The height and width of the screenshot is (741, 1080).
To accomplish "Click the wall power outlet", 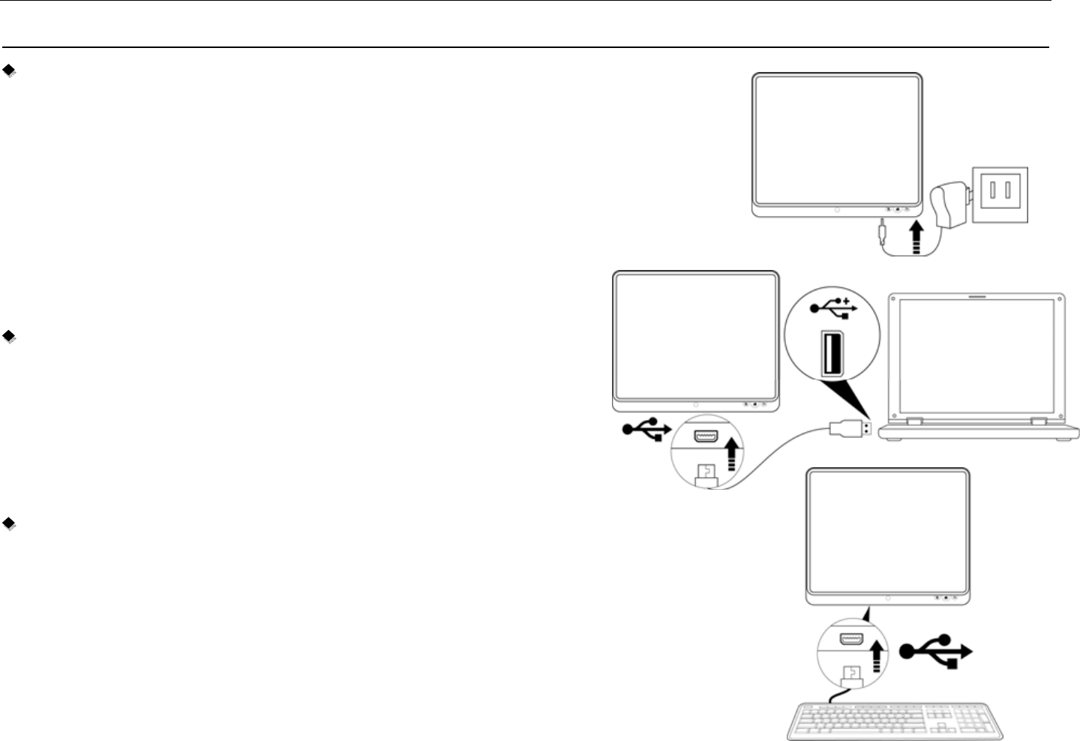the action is (1000, 194).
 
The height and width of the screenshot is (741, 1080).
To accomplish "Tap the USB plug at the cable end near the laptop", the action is (850, 429).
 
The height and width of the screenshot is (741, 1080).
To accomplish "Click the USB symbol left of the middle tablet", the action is (646, 430).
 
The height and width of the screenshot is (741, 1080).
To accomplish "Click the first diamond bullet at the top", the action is (10, 71).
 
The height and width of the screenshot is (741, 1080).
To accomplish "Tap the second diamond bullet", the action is (10, 337).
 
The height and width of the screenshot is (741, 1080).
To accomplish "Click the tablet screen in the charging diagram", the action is (837, 139).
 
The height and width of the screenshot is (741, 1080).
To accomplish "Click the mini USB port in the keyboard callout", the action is (850, 640).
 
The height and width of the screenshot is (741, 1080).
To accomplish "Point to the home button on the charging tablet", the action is (837, 210).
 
